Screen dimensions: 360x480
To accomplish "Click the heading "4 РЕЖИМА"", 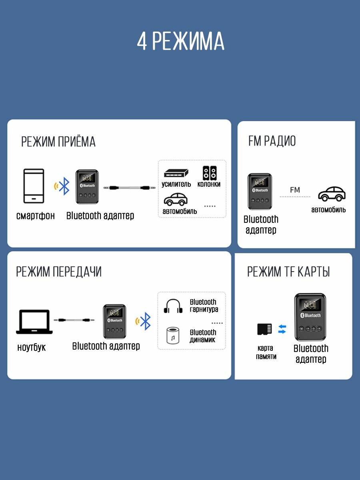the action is (x=180, y=41).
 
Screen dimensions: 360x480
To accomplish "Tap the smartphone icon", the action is (x=34, y=186).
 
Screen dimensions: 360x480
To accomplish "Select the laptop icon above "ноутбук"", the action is (x=34, y=322).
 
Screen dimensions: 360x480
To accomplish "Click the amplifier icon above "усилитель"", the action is (x=176, y=173).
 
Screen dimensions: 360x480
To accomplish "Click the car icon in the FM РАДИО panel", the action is (x=332, y=194).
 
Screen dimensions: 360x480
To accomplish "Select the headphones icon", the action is (x=173, y=306).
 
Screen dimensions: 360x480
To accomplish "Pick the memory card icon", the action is (x=264, y=330).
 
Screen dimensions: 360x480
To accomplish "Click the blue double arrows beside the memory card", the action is (x=282, y=329).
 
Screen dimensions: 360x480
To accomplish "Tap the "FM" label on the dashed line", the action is (x=295, y=190).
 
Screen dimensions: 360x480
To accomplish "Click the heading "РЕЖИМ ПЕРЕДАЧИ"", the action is (x=59, y=272).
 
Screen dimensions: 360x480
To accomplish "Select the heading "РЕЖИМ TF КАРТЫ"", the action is (x=288, y=272).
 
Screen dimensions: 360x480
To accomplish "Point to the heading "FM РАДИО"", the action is (x=272, y=141).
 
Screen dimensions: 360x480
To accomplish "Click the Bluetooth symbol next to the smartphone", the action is (x=64, y=186).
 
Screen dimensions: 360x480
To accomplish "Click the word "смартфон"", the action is (x=36, y=216).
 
